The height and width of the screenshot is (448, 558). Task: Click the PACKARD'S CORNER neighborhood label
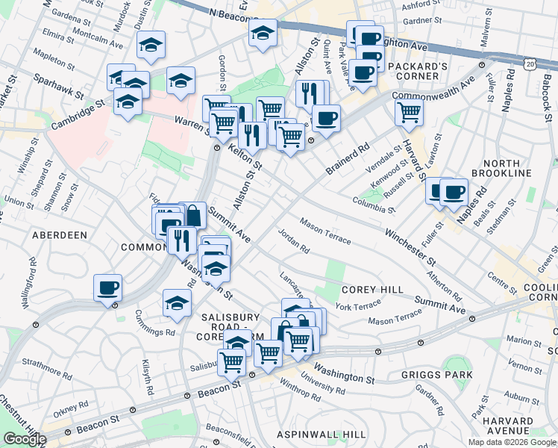417,71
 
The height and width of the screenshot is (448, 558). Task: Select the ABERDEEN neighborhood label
60,234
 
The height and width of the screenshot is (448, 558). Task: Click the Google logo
24,439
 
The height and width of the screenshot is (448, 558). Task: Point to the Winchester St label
410,247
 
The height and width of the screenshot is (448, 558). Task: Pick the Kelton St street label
245,158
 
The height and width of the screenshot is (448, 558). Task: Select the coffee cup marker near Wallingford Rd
108,287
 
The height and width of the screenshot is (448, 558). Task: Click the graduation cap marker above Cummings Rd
177,302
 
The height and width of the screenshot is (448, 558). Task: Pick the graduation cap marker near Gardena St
151,45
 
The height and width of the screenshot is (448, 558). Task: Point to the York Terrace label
358,305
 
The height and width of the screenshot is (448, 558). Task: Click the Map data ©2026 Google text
512,441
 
